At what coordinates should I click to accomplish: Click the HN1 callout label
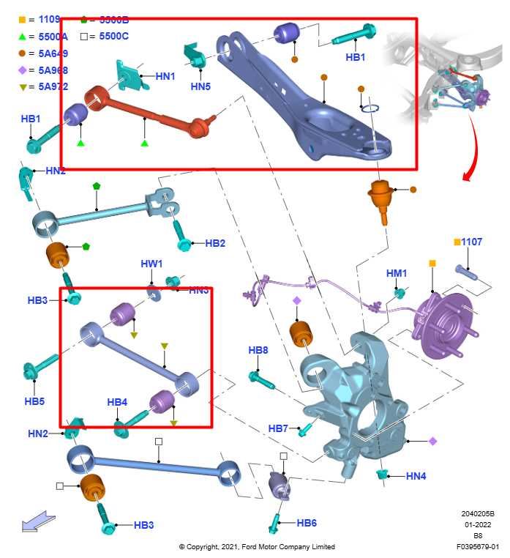[165, 75]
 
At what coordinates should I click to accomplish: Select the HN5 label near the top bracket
[200, 86]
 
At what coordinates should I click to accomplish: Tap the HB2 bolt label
[215, 243]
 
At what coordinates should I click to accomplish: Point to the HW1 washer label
[151, 264]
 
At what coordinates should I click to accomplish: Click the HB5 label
[34, 401]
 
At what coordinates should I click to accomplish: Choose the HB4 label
[117, 402]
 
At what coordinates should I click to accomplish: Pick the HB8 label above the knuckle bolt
[258, 351]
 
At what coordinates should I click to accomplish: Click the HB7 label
[278, 428]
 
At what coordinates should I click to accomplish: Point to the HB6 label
[307, 523]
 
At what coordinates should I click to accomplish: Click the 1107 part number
[472, 242]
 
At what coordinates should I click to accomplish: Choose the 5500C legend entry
[113, 35]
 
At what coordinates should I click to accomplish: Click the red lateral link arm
[146, 115]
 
